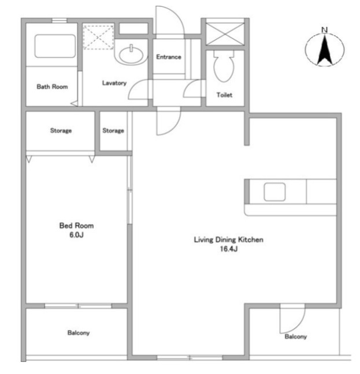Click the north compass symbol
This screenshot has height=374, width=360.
coord(324,50)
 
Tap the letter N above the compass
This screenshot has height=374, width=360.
coord(324,30)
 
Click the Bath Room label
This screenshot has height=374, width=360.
coord(52,87)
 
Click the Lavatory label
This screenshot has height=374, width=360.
coord(114,83)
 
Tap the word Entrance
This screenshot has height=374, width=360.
coord(169,57)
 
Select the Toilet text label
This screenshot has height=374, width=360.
coord(224,95)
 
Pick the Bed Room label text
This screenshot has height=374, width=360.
coord(76,226)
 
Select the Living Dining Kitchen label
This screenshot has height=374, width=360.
coord(229,239)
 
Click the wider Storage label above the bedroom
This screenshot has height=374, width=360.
coord(61,130)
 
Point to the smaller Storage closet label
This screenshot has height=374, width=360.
coord(113,130)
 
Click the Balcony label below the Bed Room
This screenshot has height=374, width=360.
coord(78,333)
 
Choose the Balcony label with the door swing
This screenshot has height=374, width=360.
coord(295,336)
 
